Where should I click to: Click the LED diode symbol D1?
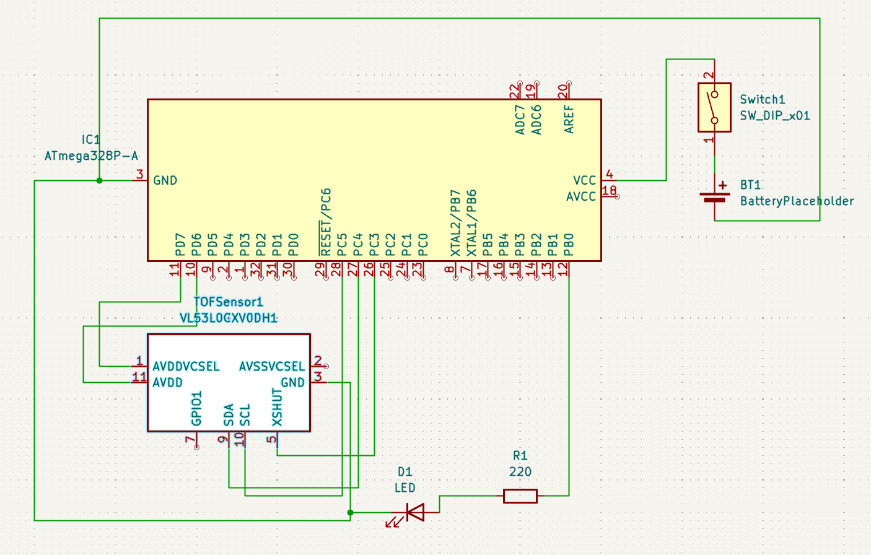[414, 512]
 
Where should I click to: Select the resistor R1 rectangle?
[520, 496]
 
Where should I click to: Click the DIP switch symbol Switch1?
[714, 107]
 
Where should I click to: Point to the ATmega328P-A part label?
[91, 155]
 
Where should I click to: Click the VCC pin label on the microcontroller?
[584, 180]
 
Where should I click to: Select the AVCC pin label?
[580, 196]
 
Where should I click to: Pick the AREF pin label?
[569, 119]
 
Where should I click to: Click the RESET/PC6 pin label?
[326, 222]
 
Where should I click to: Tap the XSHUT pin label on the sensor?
[277, 407]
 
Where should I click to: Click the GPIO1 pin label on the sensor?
[197, 408]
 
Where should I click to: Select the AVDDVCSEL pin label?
[186, 366]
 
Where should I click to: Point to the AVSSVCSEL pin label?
[272, 366]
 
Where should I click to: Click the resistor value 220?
[520, 471]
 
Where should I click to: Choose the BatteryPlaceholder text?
[797, 201]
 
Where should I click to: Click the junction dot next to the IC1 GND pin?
[99, 180]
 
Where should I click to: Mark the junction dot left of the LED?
[351, 512]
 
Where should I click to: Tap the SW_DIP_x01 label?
[774, 115]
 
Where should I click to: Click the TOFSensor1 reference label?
[228, 302]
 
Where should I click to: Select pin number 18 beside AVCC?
[609, 190]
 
